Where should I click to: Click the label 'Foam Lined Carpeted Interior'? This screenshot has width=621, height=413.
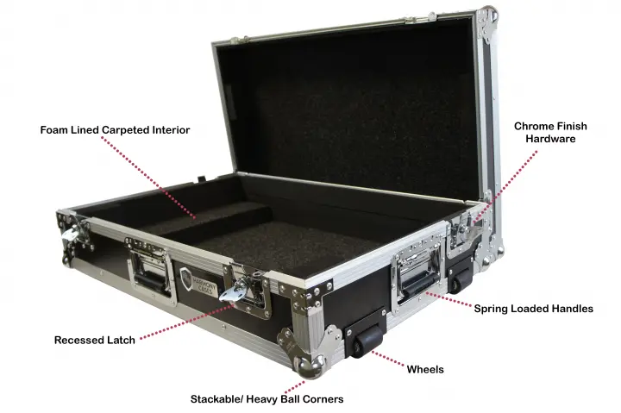coord(115,130)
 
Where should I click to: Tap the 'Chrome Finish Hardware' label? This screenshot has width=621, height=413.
coord(550,132)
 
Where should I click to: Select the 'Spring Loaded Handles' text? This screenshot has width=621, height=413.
coord(534,309)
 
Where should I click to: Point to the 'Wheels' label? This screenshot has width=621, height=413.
coord(425,369)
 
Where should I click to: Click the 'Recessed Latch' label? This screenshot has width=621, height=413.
coord(95,340)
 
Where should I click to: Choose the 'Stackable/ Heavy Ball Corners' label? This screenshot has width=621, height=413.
coord(267,398)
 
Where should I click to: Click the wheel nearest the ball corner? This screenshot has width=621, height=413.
coord(367,341)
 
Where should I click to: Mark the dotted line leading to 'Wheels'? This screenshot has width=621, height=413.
coord(388,360)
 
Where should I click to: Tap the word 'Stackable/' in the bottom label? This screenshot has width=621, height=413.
coord(216,398)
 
